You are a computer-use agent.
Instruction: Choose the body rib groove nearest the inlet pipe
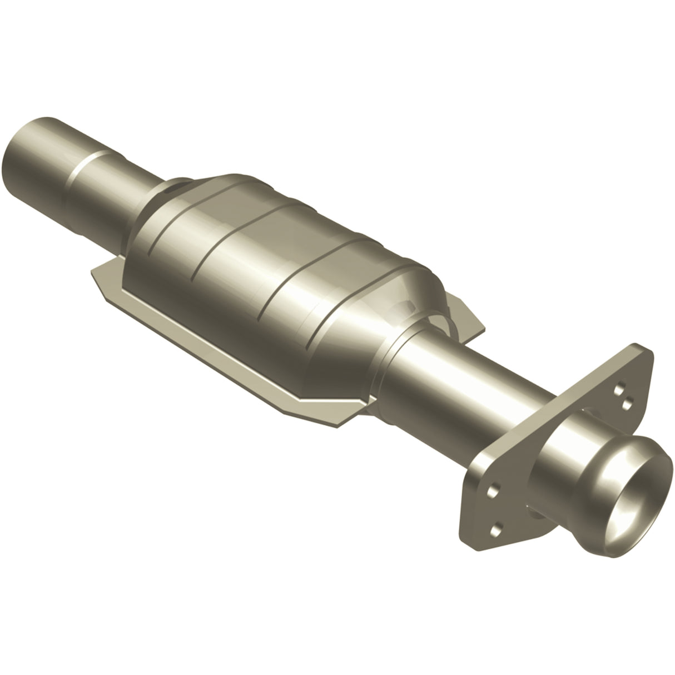pyautogui.click(x=167, y=234)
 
